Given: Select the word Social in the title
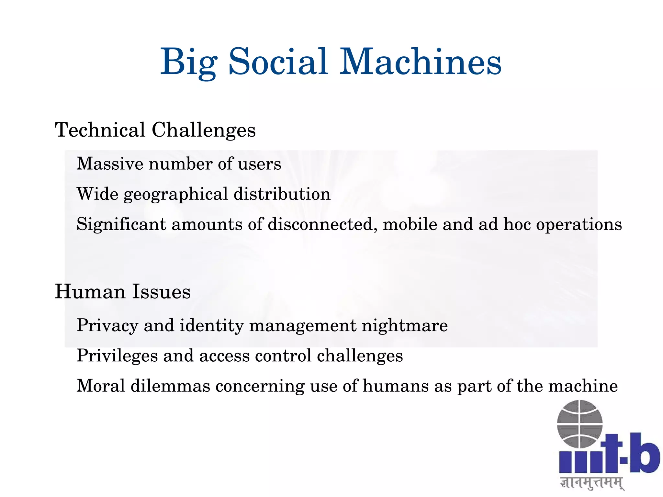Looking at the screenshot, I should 278,62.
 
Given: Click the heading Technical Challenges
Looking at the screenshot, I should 155,130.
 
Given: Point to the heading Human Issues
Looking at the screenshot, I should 123,291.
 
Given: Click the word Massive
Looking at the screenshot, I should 110,164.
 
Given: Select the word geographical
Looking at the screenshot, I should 176,195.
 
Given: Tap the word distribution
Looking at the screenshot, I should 282,194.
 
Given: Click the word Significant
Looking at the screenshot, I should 121,224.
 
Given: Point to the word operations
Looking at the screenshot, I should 579,225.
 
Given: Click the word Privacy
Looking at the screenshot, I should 107,325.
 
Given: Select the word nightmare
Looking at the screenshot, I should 405,326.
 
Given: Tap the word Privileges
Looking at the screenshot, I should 117,356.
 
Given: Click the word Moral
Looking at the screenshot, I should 101,386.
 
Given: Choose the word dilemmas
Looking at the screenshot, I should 170,386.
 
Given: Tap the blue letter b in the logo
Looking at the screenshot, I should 644,453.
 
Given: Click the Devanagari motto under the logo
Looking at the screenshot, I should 592,483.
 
